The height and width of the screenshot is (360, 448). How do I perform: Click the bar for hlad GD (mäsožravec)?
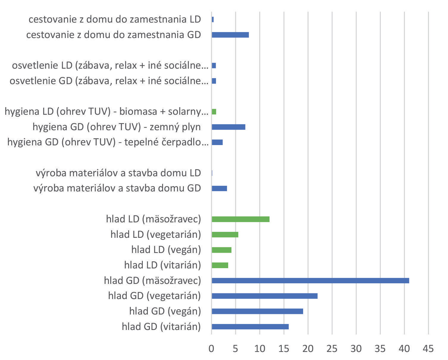click(x=310, y=281)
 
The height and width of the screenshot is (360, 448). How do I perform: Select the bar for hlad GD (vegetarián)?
click(x=264, y=296)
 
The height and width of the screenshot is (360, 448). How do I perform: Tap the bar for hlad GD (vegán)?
click(x=257, y=311)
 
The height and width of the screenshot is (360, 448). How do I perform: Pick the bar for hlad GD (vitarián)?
click(x=250, y=327)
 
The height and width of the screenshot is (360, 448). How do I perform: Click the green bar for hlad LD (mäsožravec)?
click(x=241, y=219)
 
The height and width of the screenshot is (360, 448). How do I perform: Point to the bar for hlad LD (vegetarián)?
click(x=225, y=235)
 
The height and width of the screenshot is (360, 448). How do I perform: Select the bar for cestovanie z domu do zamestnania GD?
click(x=230, y=35)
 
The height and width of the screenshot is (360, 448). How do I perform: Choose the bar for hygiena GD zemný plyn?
click(x=228, y=127)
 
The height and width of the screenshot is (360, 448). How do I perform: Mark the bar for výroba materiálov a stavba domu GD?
click(x=219, y=188)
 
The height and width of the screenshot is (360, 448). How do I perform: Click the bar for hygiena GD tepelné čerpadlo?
click(x=217, y=142)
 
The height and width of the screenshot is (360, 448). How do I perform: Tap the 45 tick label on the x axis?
click(x=428, y=348)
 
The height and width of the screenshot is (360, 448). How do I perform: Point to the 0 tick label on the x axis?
click(x=211, y=348)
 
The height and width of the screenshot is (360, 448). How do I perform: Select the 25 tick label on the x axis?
click(x=332, y=348)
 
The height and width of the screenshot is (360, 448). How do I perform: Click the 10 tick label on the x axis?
click(x=260, y=348)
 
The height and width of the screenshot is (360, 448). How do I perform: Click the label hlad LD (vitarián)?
click(x=162, y=265)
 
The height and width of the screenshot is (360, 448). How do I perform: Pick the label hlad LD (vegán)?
click(x=166, y=250)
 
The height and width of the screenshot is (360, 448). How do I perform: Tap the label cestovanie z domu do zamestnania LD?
click(x=115, y=20)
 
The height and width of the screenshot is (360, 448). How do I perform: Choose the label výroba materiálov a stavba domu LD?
click(x=118, y=173)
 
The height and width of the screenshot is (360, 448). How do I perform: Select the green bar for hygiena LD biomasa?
click(x=214, y=112)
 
